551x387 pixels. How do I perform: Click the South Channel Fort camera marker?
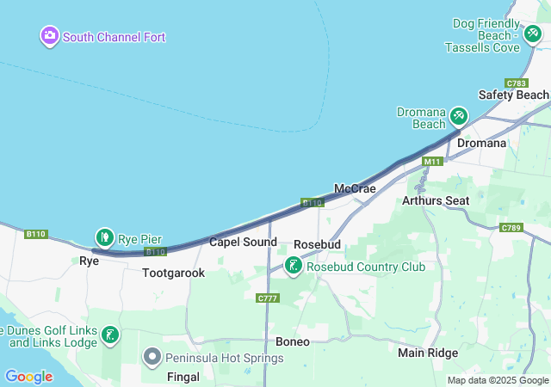(49, 36)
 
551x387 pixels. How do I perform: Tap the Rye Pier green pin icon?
(104, 236)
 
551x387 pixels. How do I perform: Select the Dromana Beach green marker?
(458, 115)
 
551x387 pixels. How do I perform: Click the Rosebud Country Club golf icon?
(294, 266)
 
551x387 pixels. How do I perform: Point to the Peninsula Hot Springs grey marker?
(152, 355)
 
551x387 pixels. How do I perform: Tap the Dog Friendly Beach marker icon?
(534, 33)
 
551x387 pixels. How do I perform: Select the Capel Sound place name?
(243, 242)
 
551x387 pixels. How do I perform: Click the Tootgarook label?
(174, 273)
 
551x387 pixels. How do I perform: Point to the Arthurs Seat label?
(436, 200)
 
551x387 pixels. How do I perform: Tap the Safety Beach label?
(513, 95)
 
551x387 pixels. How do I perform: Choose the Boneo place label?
(292, 341)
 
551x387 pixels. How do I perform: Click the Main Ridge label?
(428, 353)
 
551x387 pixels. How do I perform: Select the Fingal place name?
(183, 377)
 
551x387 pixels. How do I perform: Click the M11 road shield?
(431, 161)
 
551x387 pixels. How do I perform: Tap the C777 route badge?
(268, 298)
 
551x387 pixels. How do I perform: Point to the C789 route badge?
(511, 227)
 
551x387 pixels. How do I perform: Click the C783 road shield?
(517, 83)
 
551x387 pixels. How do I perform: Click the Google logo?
(28, 377)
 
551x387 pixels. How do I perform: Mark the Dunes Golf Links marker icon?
(110, 335)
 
